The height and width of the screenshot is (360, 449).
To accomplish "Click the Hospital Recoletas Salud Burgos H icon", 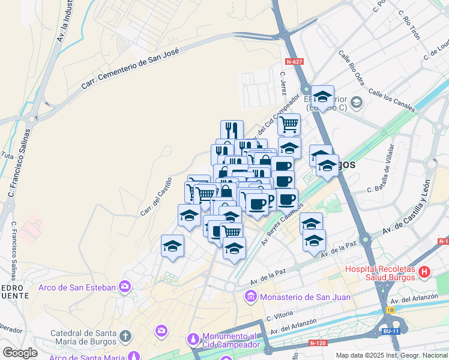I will tap(424, 272).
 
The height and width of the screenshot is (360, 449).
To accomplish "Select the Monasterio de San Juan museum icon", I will tap(251, 296).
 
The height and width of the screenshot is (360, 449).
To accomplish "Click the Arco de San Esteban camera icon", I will tap(125, 287).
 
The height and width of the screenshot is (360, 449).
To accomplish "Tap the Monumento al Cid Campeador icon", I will tap(192, 340).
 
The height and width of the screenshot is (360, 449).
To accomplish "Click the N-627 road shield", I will tap(295, 62).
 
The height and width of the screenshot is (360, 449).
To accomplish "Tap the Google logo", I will tap(20, 352).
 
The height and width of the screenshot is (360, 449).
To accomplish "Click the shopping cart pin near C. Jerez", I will tap(289, 124).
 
